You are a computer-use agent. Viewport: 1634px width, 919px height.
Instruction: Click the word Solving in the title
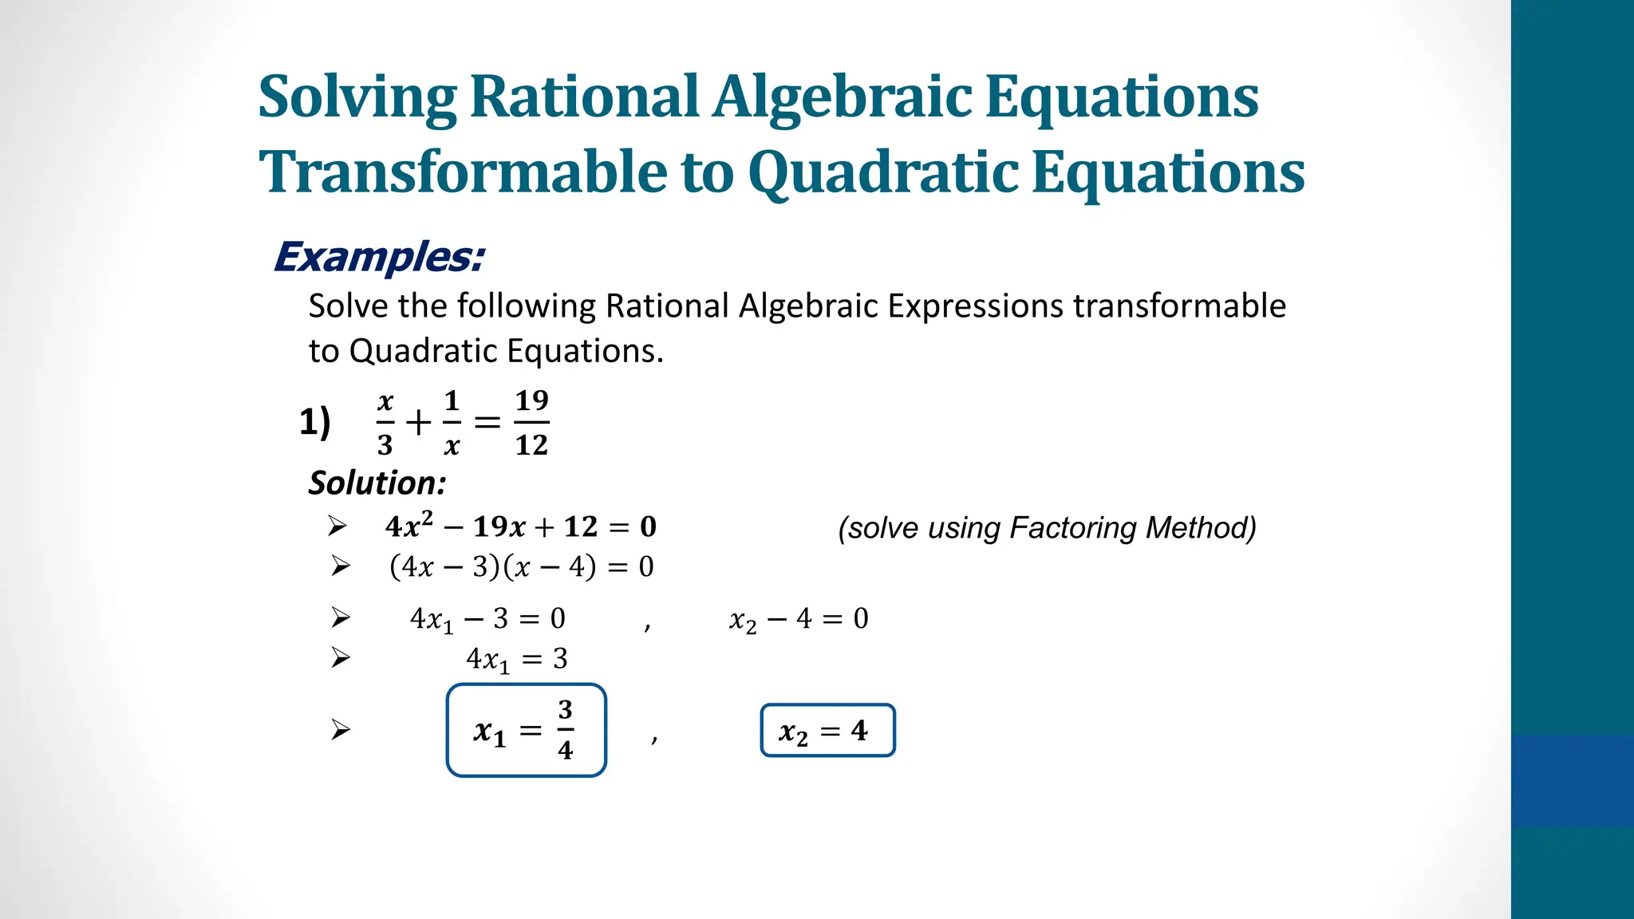(x=357, y=97)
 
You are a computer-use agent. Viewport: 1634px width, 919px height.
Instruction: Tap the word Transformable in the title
(x=462, y=172)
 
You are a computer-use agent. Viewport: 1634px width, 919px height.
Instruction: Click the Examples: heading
(x=379, y=257)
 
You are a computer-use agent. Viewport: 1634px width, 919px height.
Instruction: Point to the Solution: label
(x=377, y=483)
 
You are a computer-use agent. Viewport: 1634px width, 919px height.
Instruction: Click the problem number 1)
(x=315, y=421)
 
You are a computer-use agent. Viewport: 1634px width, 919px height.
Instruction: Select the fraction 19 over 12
(x=531, y=423)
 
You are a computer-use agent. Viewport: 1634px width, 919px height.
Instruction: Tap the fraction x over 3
(x=385, y=423)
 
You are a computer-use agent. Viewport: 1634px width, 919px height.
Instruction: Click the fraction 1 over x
(x=452, y=423)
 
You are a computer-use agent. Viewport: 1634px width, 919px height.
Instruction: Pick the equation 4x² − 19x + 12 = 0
(x=520, y=527)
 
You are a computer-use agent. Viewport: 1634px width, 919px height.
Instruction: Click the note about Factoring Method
(x=1047, y=528)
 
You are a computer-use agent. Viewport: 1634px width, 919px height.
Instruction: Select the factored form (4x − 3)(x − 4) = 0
(x=521, y=566)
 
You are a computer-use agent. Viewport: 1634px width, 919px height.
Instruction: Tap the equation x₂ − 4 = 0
(x=799, y=619)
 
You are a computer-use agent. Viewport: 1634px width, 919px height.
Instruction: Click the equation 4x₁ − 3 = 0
(x=487, y=619)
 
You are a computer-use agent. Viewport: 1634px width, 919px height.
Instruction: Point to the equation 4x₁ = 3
(x=516, y=659)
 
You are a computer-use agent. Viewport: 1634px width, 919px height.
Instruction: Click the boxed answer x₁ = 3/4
(x=527, y=730)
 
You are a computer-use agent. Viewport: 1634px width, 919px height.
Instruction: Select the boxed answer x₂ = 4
(x=827, y=730)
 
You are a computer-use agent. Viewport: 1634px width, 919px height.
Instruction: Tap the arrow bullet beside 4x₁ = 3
(x=341, y=658)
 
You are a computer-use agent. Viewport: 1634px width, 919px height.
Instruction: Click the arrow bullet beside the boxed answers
(x=341, y=730)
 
